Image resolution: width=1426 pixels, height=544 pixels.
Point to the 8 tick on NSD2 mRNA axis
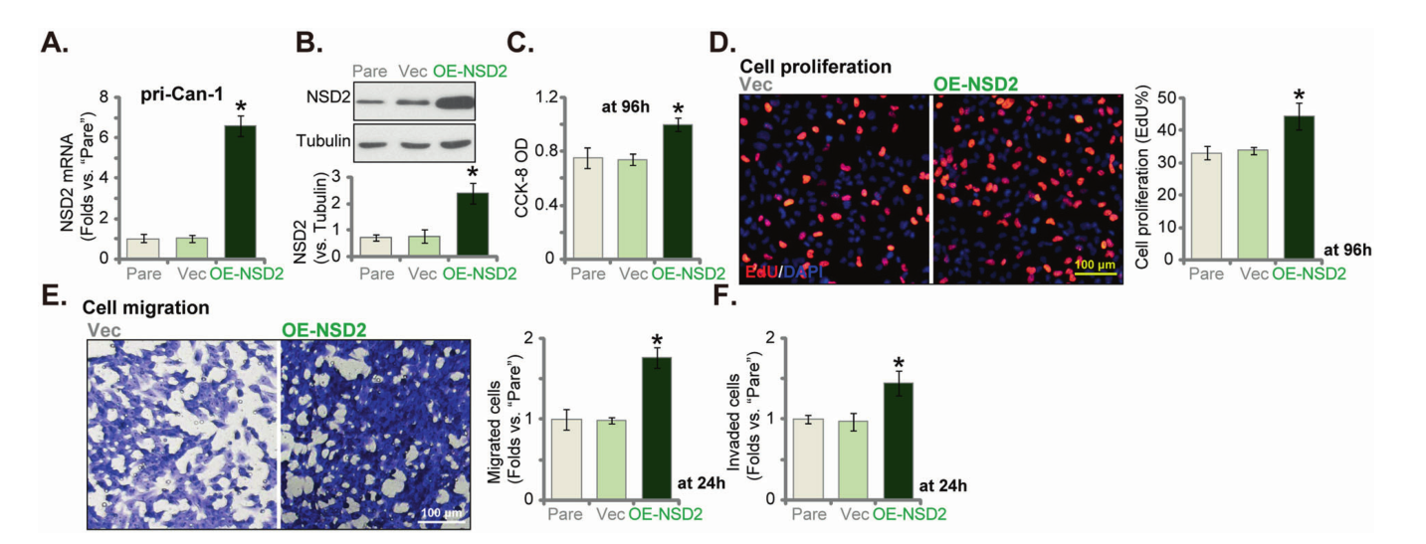(116, 97)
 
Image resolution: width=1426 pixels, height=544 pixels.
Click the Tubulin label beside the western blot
(322, 140)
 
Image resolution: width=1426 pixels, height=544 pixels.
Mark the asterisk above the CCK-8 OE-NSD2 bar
(679, 109)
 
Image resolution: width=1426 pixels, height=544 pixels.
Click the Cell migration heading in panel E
(145, 308)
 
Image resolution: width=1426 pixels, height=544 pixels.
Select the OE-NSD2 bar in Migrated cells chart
(658, 428)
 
